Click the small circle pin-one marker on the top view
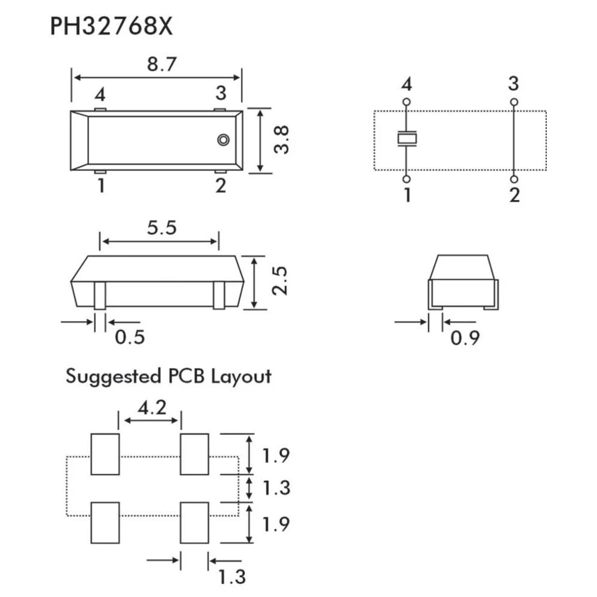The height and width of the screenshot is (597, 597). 223,140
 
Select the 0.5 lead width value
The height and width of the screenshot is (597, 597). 130,337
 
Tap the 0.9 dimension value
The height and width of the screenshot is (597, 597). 464,338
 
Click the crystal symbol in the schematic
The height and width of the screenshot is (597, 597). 407,140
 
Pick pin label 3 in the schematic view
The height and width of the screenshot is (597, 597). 513,84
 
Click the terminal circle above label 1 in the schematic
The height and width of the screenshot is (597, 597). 407,179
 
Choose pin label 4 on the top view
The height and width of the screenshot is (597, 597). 100,96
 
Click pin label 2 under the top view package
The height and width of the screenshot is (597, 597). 221,187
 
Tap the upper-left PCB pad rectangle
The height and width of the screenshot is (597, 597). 105,454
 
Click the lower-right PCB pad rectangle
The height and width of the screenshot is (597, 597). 195,522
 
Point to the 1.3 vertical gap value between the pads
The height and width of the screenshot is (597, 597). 276,488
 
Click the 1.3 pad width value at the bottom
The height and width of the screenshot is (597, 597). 232,577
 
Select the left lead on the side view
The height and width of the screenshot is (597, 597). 100,295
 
